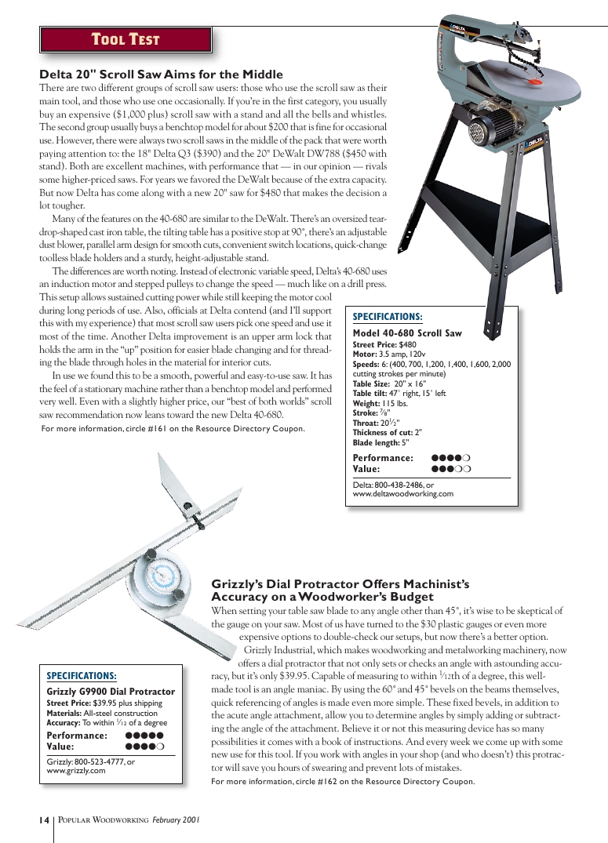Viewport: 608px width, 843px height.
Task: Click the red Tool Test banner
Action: click(x=126, y=39)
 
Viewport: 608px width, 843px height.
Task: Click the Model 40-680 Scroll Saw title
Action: click(x=407, y=333)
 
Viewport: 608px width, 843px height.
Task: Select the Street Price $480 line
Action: click(x=384, y=344)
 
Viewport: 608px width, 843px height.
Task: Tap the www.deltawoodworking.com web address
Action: click(x=403, y=494)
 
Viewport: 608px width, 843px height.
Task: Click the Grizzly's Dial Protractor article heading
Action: click(x=340, y=590)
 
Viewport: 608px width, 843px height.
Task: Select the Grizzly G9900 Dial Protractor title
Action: click(x=111, y=692)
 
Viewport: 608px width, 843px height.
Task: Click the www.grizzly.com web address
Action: click(x=76, y=771)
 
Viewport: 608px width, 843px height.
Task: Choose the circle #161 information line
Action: click(x=173, y=429)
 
